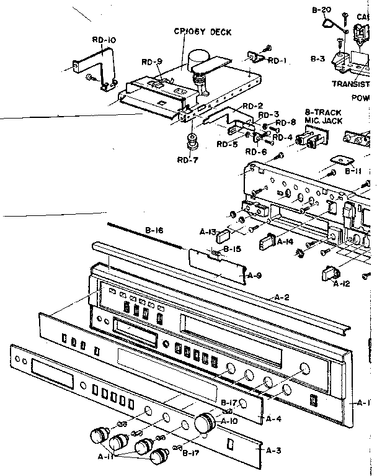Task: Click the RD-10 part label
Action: [104, 40]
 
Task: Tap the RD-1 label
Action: [276, 60]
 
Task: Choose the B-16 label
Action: [154, 231]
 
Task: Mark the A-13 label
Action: [208, 233]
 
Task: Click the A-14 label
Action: [285, 241]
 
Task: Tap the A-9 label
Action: [254, 275]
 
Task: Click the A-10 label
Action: [229, 420]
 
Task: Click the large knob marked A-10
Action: [205, 423]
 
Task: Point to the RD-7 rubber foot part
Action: [190, 142]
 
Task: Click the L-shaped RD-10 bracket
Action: [93, 65]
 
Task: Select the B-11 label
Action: [353, 170]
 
